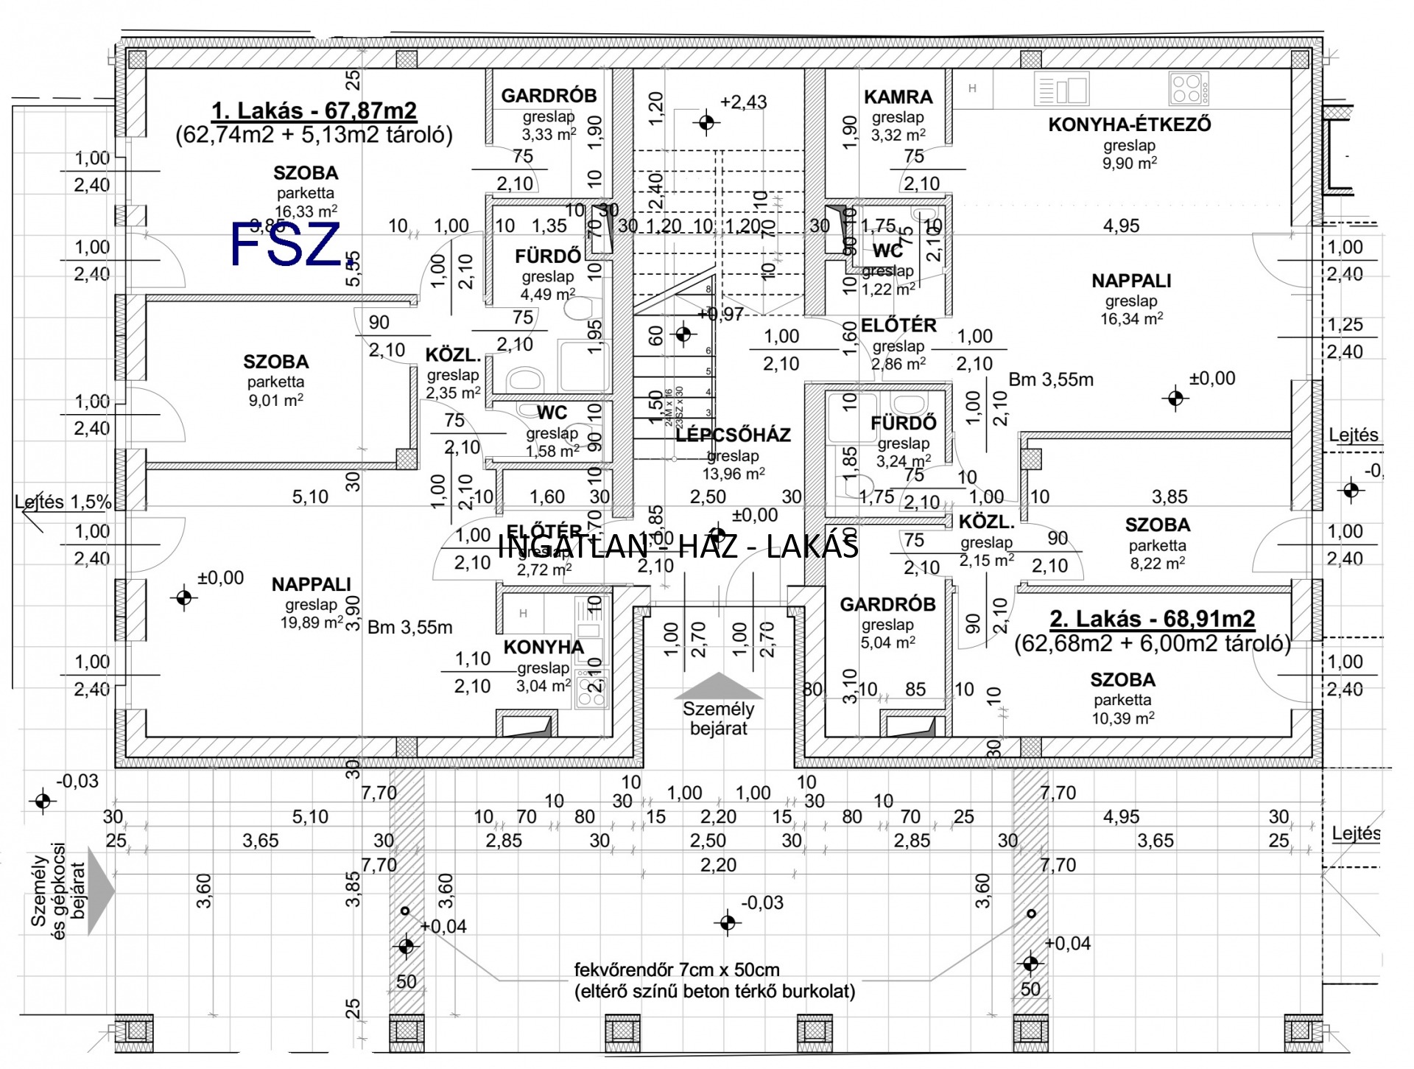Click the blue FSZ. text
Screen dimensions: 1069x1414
tap(285, 245)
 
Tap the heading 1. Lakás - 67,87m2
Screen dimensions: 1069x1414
tap(314, 111)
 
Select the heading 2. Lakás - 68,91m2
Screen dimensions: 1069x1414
tap(1152, 618)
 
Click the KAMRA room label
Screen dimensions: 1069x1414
tap(898, 97)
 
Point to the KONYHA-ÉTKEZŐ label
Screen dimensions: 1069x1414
tap(1129, 125)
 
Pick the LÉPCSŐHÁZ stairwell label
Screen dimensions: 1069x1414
tap(733, 435)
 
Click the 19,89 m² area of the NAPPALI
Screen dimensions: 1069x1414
tap(312, 623)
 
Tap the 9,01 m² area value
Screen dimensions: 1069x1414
tap(275, 401)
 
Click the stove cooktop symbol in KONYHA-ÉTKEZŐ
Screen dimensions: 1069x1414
tap(1188, 89)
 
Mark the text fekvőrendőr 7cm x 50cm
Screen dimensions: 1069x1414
tap(676, 970)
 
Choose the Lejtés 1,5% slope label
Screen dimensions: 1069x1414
tap(63, 502)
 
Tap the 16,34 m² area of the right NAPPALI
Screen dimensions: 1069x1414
tap(1131, 319)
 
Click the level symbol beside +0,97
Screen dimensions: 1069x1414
tap(683, 334)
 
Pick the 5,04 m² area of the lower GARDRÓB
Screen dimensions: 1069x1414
tap(887, 642)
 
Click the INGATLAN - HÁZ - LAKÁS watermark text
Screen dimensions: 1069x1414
tap(678, 547)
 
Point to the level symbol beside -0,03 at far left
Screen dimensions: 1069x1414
tap(43, 800)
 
